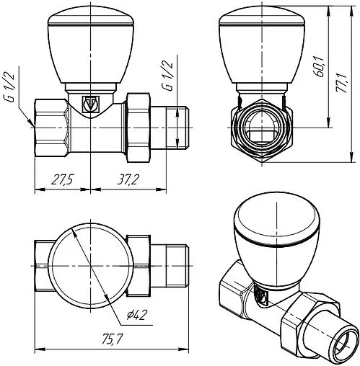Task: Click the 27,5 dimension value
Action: [x=63, y=180]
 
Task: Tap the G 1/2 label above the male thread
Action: [x=168, y=76]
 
